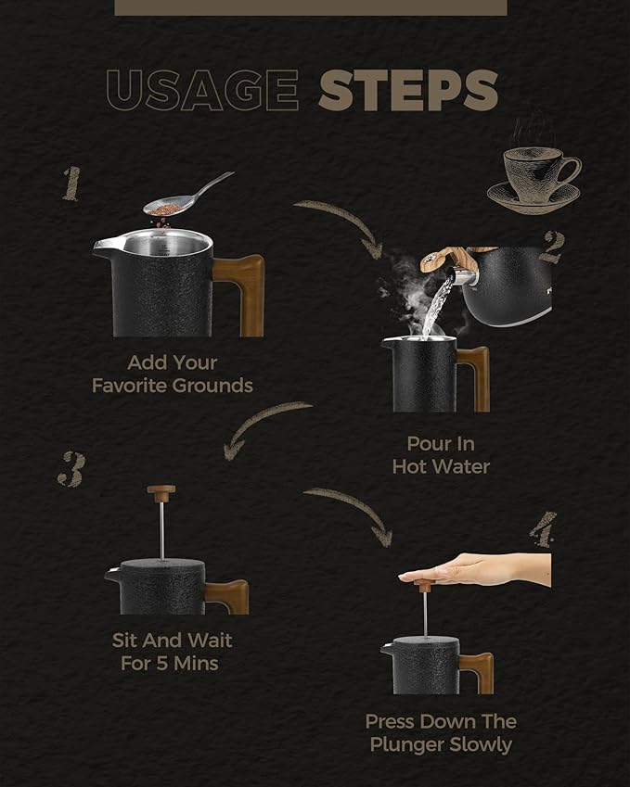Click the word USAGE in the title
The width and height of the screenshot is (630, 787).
pos(202,90)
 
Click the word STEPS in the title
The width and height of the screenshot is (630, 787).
pos(408,90)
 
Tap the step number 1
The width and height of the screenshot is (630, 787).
pos(71,184)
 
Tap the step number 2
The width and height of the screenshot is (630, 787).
pos(553,247)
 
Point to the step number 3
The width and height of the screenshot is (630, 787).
pos(71,469)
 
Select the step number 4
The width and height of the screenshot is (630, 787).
pos(544,529)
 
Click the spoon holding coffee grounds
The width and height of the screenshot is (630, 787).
pos(186,196)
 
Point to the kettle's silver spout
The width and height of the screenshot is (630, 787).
pos(462,276)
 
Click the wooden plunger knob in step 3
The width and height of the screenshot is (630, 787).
pos(161,493)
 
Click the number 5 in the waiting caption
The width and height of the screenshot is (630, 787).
pos(161,664)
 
